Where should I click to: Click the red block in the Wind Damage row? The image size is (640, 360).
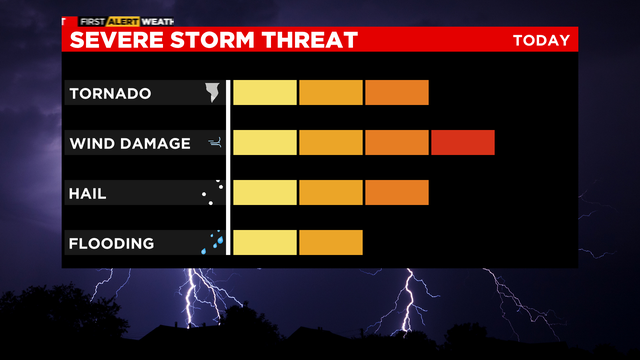click(463, 143)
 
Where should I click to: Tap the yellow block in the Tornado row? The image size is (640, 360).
click(265, 93)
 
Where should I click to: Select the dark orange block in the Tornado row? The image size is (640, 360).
click(397, 93)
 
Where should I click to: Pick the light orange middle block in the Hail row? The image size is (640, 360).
click(331, 192)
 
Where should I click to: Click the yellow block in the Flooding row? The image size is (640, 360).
click(265, 242)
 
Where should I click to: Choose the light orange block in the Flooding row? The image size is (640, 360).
click(331, 242)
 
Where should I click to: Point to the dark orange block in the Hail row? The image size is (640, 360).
click(397, 192)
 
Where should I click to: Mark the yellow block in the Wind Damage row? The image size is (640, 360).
click(265, 143)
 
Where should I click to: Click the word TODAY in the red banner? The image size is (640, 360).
click(541, 40)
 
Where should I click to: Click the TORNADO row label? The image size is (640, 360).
click(110, 94)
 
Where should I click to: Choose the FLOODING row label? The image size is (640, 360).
click(111, 243)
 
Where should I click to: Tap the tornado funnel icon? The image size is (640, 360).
click(212, 93)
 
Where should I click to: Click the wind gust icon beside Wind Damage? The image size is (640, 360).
click(213, 144)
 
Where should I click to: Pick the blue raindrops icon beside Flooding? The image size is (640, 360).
click(213, 242)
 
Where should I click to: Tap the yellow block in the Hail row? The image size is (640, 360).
click(265, 192)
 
